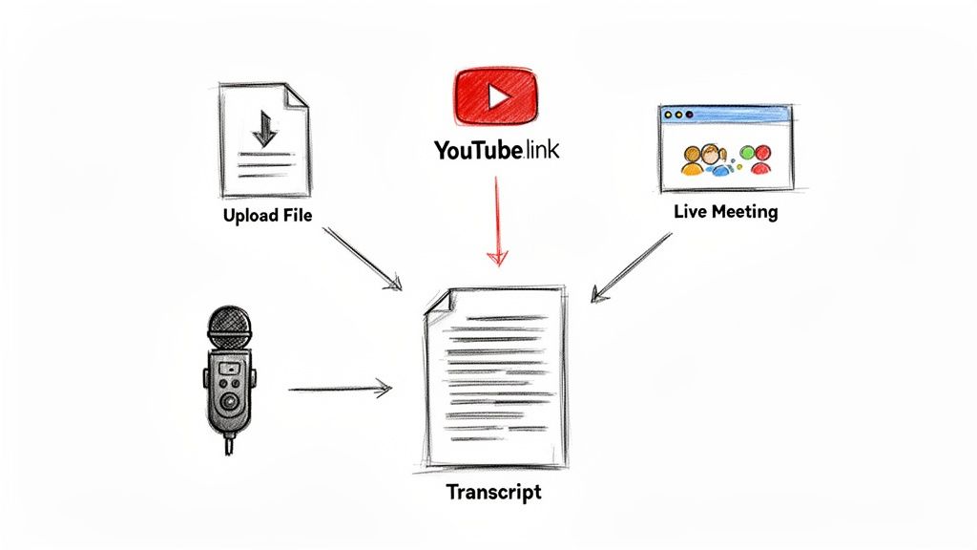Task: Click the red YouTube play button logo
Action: click(x=496, y=95)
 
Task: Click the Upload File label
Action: click(x=267, y=215)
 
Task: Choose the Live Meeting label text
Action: click(x=725, y=211)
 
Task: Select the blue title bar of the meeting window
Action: click(x=725, y=113)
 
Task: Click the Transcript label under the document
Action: click(x=493, y=493)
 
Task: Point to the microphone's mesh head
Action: click(x=229, y=327)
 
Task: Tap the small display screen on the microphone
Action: click(x=229, y=367)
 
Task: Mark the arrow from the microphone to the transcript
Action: click(x=340, y=389)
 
